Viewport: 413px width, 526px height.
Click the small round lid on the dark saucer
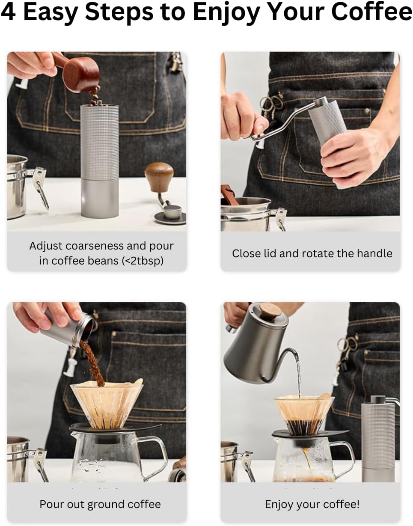coord(172,212)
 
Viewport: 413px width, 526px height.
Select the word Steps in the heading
coord(119,13)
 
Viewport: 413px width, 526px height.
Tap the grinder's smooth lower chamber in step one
coord(100,199)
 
